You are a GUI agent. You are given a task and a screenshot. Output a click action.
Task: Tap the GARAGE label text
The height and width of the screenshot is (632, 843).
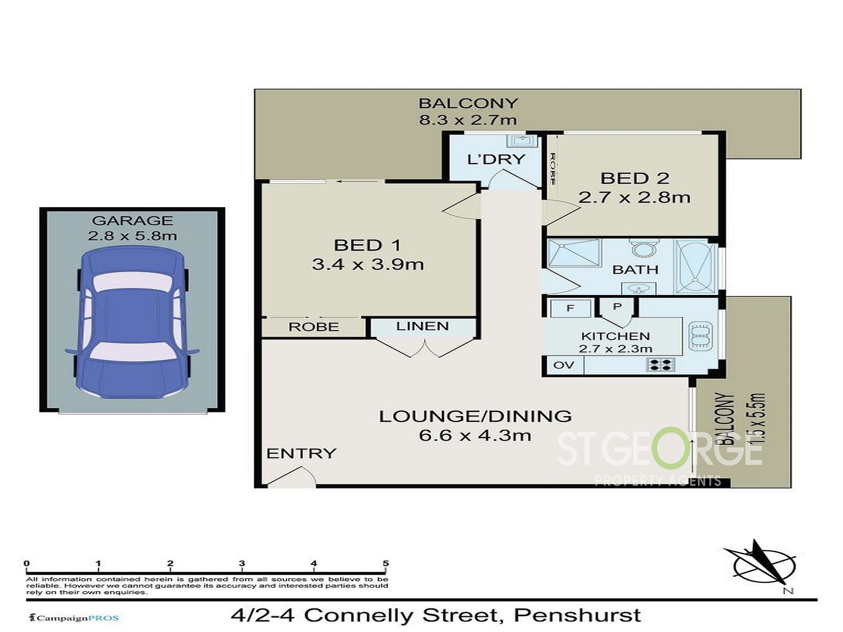click(132, 220)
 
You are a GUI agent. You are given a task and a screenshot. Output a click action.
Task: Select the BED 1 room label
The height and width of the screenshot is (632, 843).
click(367, 245)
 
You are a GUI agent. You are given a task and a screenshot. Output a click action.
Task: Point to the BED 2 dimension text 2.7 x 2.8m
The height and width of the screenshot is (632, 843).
click(634, 197)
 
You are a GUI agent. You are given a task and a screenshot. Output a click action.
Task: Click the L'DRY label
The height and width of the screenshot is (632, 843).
click(496, 159)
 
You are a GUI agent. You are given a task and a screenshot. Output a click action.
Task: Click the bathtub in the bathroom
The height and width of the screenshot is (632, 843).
click(695, 266)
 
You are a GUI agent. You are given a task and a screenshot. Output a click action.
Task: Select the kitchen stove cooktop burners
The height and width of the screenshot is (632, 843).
click(661, 365)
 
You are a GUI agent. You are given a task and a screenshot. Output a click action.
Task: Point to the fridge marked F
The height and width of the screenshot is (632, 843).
click(571, 308)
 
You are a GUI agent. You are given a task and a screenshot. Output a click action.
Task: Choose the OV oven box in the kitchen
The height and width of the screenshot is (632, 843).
click(563, 365)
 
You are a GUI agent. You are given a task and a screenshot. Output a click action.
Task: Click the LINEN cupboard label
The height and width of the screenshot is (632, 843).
click(422, 326)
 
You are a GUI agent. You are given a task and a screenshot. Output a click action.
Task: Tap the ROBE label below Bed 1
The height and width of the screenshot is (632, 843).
click(314, 327)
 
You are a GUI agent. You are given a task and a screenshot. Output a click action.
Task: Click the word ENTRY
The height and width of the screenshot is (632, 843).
click(302, 453)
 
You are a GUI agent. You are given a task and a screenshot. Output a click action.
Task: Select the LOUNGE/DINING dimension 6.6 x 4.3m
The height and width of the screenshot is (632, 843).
click(475, 436)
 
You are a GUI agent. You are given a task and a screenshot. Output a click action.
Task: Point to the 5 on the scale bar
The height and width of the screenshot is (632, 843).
click(386, 563)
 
